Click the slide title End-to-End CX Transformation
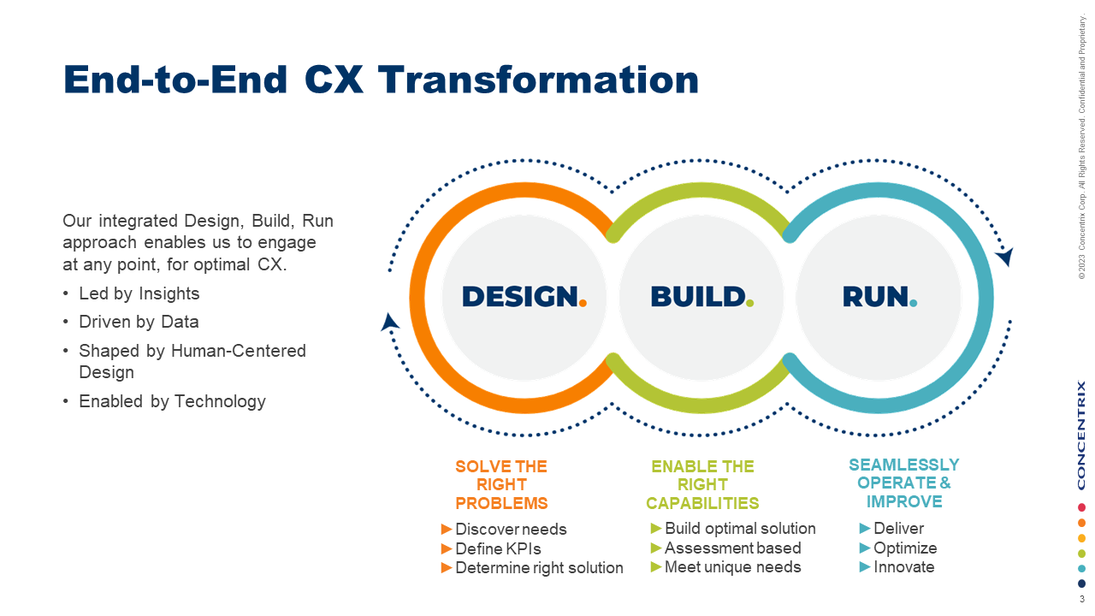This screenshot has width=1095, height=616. tap(381, 80)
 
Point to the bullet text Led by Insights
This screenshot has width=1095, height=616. tap(139, 293)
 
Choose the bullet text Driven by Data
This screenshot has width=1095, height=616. tap(139, 323)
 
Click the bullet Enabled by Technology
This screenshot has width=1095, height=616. tap(172, 401)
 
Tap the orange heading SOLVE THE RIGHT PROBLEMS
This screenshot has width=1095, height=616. tap(501, 484)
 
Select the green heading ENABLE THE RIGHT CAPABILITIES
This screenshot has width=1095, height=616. tap(702, 484)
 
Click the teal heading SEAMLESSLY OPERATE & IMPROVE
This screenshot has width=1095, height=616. tap(904, 483)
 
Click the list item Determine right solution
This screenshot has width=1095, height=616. tap(539, 567)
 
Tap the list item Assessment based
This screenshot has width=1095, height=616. tap(732, 548)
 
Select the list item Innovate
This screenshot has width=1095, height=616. tap(903, 566)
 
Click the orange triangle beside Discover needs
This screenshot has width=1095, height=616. tap(447, 529)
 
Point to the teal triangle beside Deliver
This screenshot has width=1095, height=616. tap(865, 528)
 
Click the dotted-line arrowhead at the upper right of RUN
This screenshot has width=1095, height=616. tap(1004, 256)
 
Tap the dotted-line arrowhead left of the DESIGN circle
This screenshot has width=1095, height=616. tap(390, 322)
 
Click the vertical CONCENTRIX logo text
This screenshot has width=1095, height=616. tap(1081, 435)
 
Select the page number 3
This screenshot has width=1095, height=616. tap(1081, 600)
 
